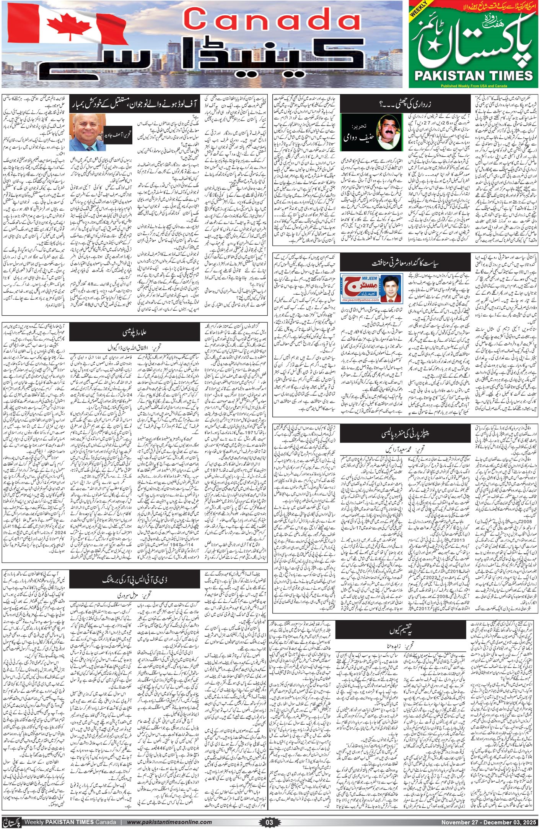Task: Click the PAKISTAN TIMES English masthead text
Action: point(474,75)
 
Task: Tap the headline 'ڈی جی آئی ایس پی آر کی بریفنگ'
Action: point(135,579)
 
